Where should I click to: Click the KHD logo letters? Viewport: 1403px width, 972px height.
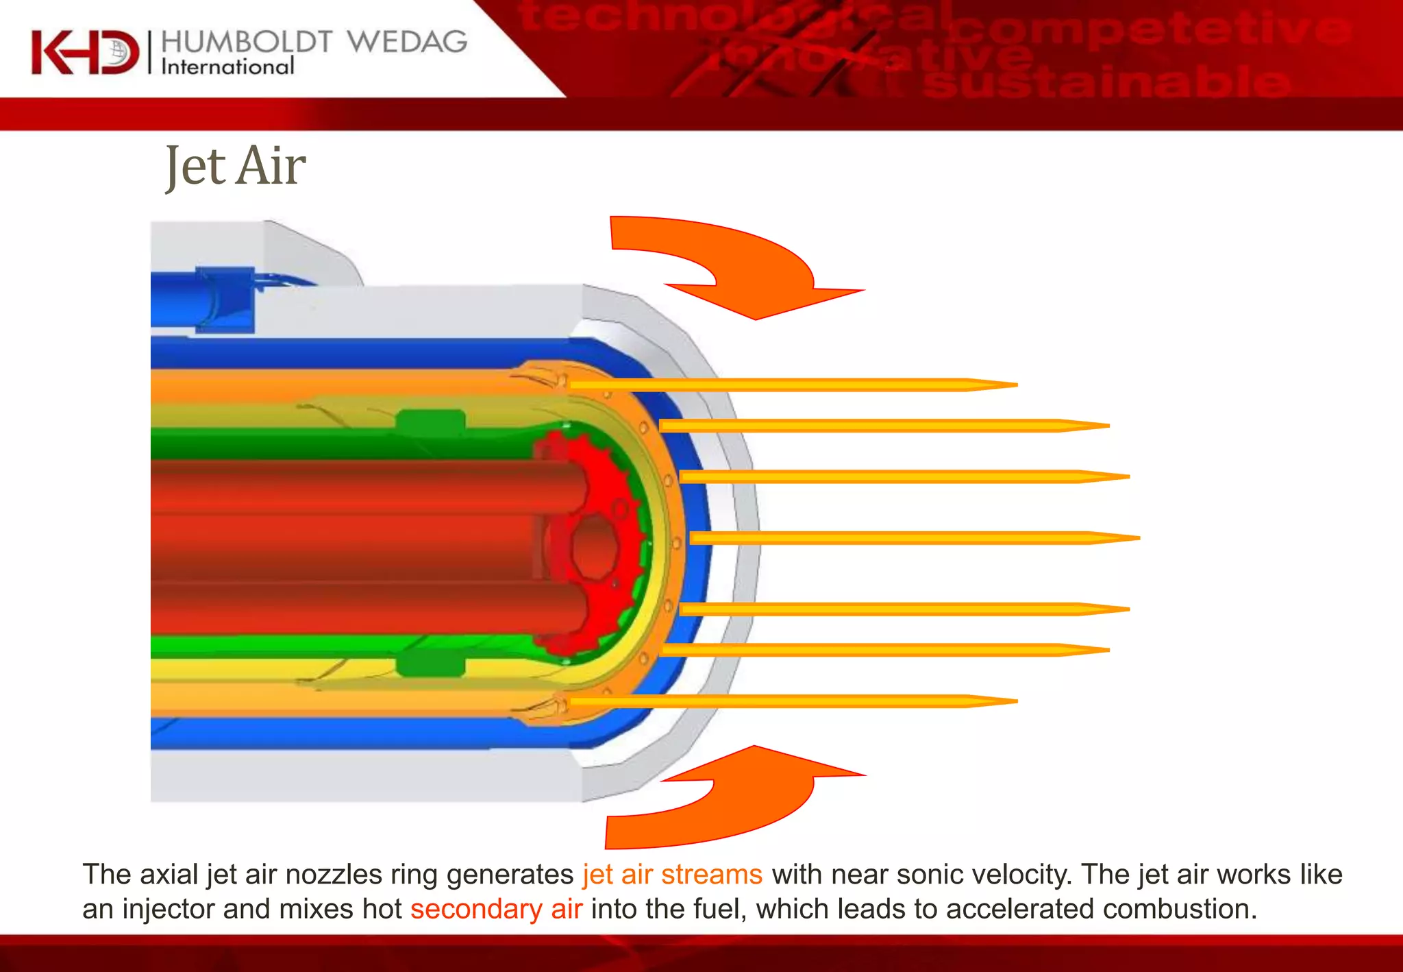tap(84, 52)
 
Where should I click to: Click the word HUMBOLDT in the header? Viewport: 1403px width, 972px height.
tap(247, 42)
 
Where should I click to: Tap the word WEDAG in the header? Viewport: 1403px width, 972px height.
tap(407, 42)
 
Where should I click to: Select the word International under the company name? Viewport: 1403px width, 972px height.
tap(227, 66)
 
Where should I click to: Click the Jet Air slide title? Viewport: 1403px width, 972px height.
tap(235, 167)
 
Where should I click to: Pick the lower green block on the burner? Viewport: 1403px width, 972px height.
tap(431, 664)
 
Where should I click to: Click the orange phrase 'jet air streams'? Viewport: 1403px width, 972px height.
tap(672, 875)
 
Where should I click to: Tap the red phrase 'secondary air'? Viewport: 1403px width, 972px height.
tap(496, 909)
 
